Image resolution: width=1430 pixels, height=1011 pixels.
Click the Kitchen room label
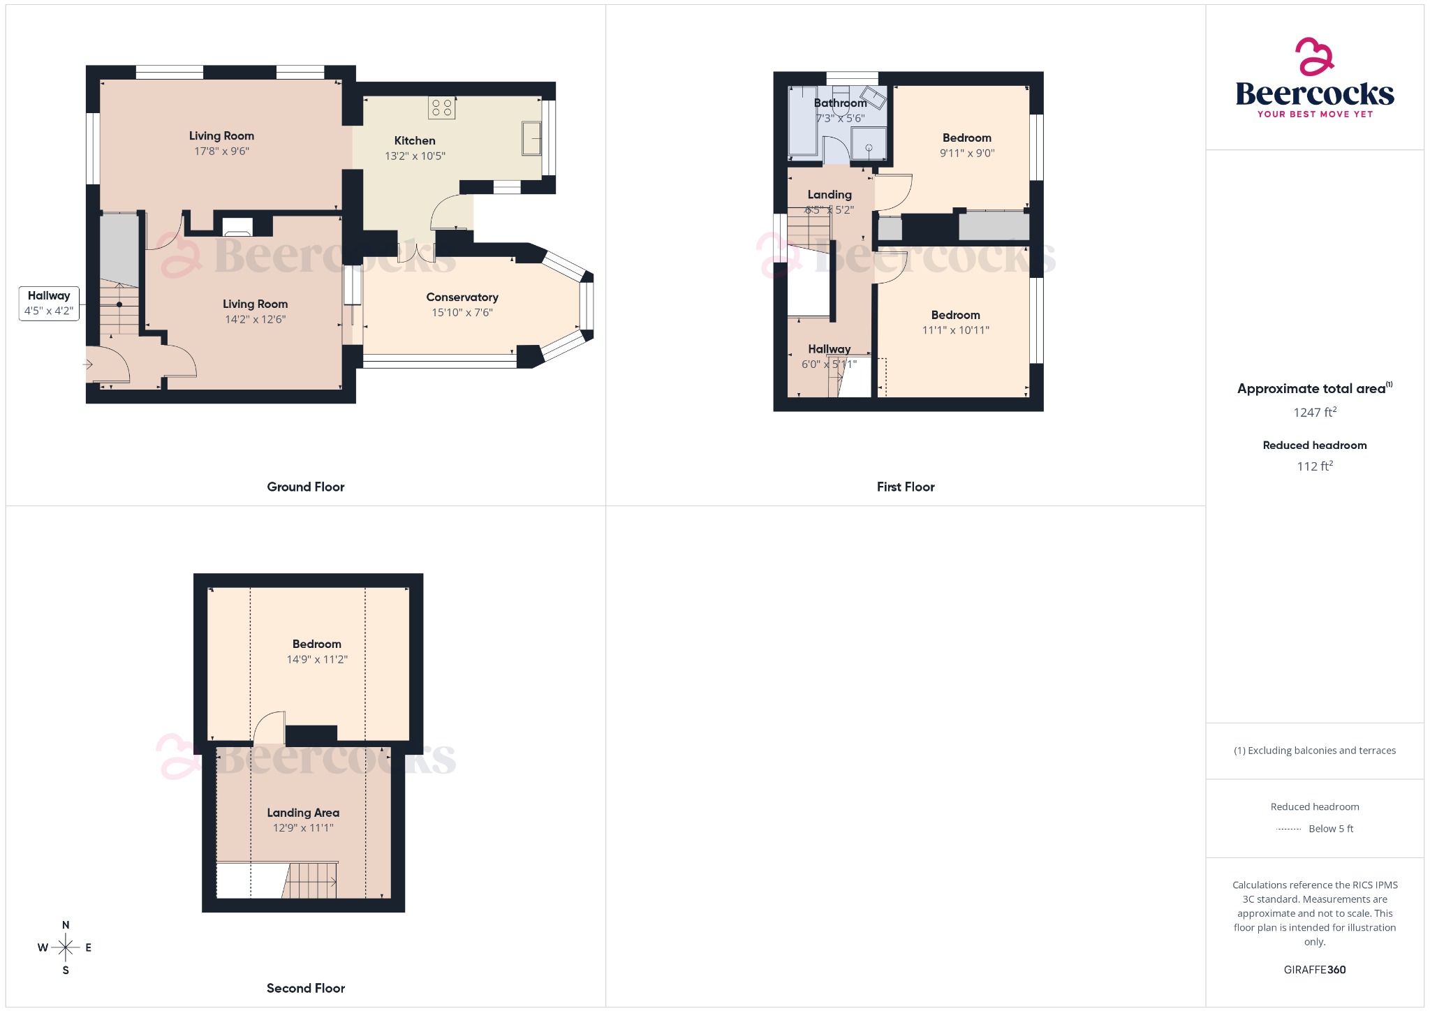pyautogui.click(x=414, y=141)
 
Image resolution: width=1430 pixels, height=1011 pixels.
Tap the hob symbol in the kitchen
pyautogui.click(x=441, y=108)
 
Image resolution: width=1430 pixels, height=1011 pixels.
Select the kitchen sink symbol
pyautogui.click(x=531, y=138)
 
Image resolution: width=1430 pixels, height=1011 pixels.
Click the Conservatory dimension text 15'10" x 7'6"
pyautogui.click(x=462, y=313)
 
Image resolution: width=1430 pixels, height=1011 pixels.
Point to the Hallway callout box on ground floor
pyautogui.click(x=49, y=303)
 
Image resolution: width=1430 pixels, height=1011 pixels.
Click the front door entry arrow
pyautogui.click(x=88, y=364)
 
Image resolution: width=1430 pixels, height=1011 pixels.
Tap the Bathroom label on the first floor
pyautogui.click(x=840, y=103)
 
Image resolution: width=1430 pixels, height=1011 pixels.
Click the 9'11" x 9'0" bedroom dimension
pyautogui.click(x=966, y=154)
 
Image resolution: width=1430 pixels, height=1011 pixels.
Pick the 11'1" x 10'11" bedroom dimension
pyautogui.click(x=955, y=330)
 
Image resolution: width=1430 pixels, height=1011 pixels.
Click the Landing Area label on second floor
pyautogui.click(x=303, y=813)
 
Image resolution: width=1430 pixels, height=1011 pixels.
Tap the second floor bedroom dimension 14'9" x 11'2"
pyautogui.click(x=317, y=660)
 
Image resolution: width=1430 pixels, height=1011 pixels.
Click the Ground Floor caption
pyautogui.click(x=305, y=487)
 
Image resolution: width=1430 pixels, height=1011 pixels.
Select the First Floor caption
pyautogui.click(x=905, y=487)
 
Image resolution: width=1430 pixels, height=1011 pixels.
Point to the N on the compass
pyautogui.click(x=66, y=925)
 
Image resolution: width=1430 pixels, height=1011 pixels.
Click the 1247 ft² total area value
pyautogui.click(x=1314, y=413)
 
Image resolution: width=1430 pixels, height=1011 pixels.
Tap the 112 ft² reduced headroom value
pyautogui.click(x=1314, y=466)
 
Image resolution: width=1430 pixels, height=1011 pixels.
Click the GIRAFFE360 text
pyautogui.click(x=1314, y=970)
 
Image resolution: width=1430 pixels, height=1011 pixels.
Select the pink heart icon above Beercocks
pyautogui.click(x=1314, y=57)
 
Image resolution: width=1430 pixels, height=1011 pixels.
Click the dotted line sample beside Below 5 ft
pyautogui.click(x=1288, y=829)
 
